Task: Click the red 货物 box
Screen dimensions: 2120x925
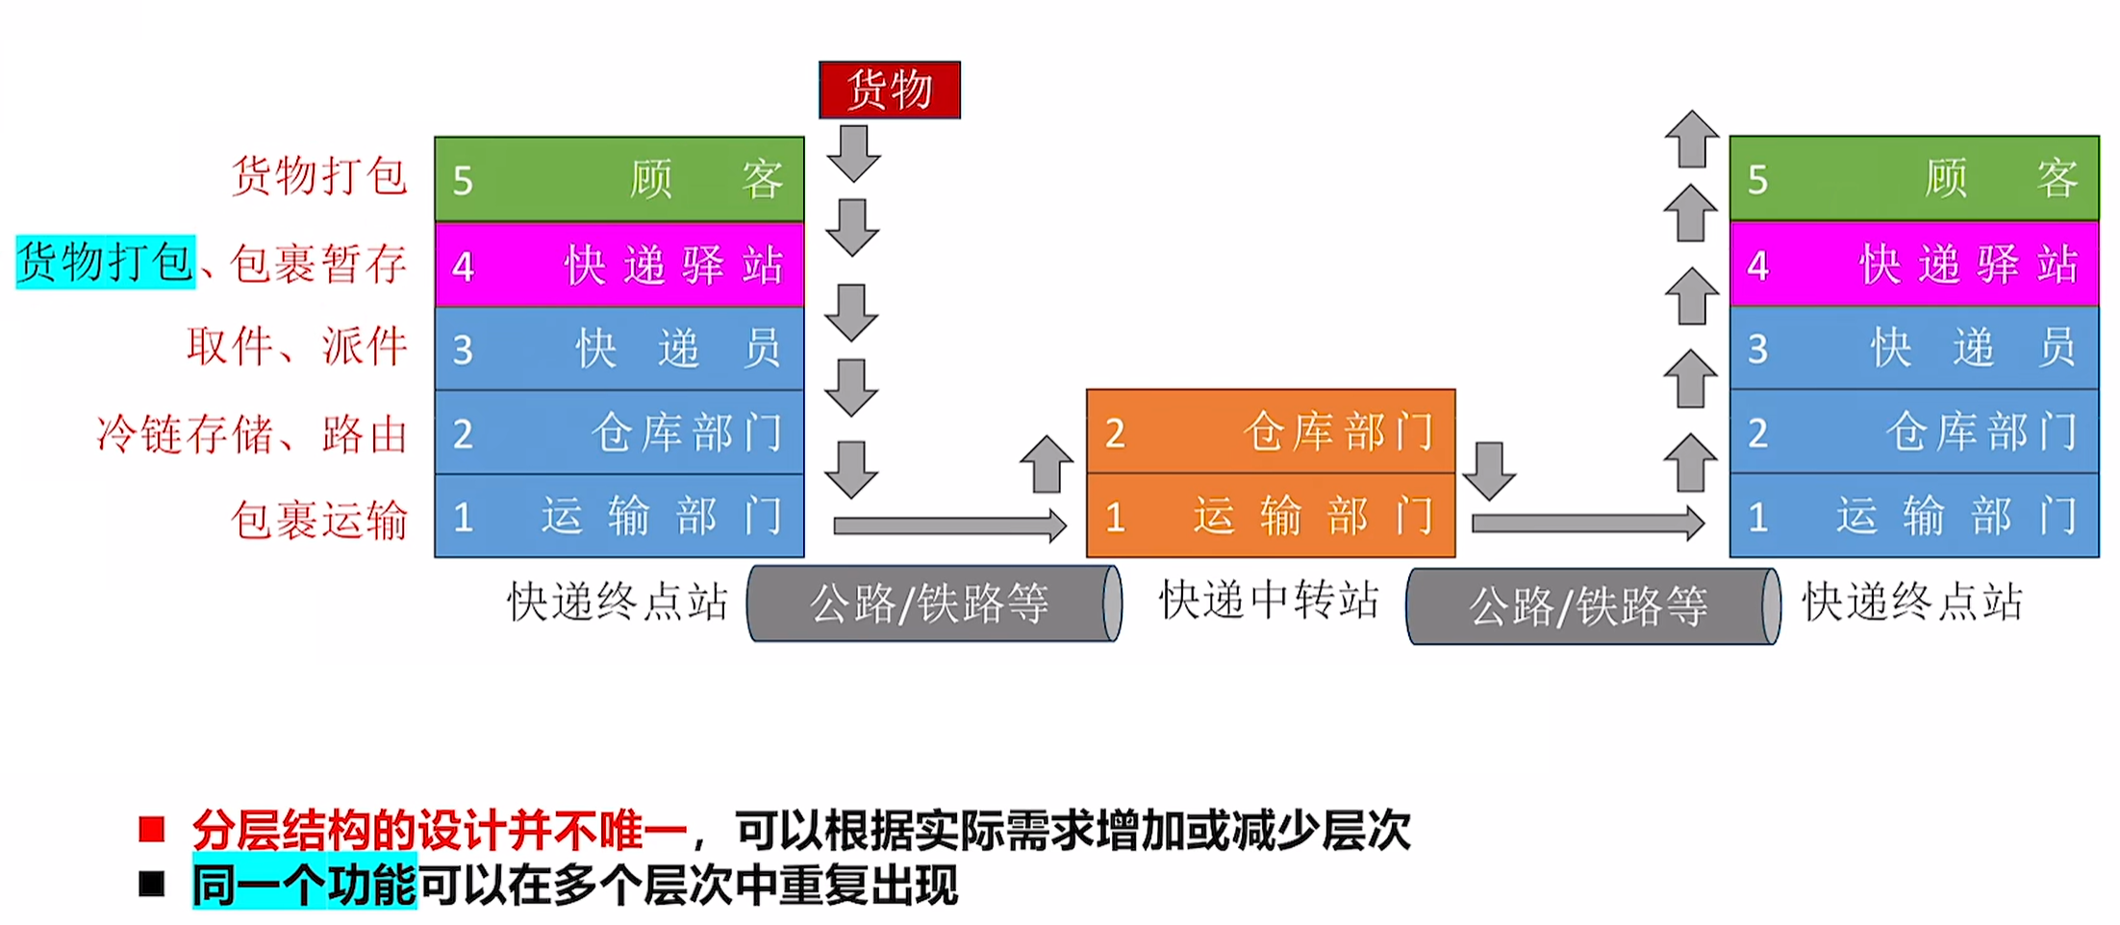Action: point(890,90)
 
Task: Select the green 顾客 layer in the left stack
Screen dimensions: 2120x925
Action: point(619,179)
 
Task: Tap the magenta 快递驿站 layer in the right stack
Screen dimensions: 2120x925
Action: point(1914,264)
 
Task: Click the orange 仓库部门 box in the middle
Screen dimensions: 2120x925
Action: point(1271,431)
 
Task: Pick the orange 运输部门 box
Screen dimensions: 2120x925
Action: point(1271,515)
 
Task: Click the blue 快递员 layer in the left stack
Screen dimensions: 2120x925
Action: point(619,347)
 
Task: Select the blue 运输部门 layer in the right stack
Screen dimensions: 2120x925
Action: point(1914,515)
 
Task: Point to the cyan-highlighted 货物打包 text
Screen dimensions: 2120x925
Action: point(106,262)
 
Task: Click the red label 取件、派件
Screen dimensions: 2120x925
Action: point(297,347)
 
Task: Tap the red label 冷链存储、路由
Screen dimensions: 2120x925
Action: point(252,434)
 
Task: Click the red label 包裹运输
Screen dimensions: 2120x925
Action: point(319,520)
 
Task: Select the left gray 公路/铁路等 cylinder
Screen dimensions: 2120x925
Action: point(934,604)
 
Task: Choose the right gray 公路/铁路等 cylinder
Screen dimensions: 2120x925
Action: point(1593,606)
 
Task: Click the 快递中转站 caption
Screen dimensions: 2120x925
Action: point(1270,600)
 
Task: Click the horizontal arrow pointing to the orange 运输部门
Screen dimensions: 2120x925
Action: point(950,526)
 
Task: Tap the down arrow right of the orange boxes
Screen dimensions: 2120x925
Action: point(1489,472)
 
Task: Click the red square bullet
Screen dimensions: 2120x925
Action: point(152,829)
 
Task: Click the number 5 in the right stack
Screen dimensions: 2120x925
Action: point(1757,180)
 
